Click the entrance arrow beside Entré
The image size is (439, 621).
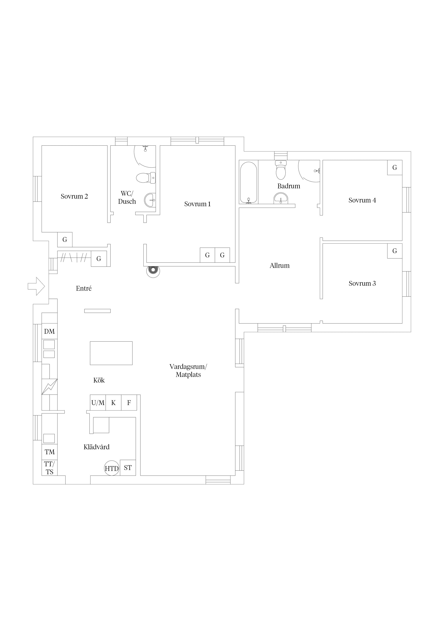coord(36,286)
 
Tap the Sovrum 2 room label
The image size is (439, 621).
coord(74,196)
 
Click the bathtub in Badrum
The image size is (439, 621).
coord(249,183)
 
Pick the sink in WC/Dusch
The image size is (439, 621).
coord(150,200)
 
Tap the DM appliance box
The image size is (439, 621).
coord(50,331)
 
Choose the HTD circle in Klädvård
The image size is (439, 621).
coord(112,468)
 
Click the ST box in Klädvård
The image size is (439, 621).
coord(128,468)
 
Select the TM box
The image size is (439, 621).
coord(50,452)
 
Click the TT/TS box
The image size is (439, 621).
coord(50,468)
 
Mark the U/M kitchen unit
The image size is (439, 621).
coord(98,403)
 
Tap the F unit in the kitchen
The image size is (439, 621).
coord(129,403)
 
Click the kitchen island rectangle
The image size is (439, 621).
coord(111,353)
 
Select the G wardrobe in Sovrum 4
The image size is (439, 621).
coord(395,167)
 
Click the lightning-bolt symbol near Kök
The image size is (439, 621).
coord(50,387)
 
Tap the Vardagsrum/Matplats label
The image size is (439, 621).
coord(188,371)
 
